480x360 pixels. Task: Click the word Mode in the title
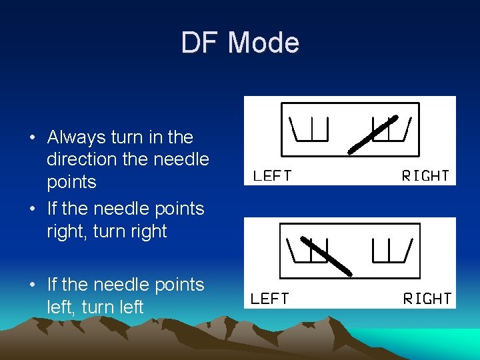(x=263, y=43)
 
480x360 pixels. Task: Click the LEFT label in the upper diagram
(x=272, y=176)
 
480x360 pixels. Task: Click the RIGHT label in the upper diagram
(x=425, y=176)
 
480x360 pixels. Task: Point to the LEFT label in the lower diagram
(x=270, y=299)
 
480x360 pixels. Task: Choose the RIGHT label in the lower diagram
(x=427, y=299)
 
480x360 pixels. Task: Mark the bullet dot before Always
(x=32, y=138)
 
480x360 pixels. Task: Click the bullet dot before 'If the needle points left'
(x=32, y=285)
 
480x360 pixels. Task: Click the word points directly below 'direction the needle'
(x=71, y=182)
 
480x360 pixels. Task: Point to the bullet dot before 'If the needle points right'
(x=32, y=209)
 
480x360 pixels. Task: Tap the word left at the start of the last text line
(x=61, y=307)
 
